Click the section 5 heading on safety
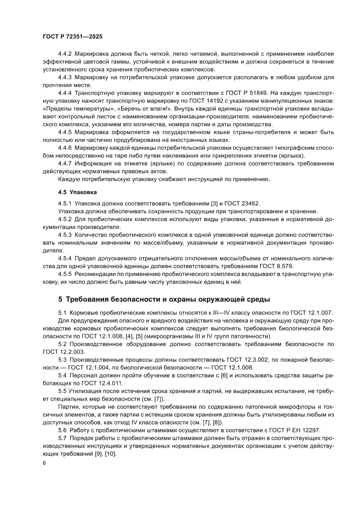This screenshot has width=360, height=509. tap(164, 300)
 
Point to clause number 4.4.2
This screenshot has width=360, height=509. tap(65, 54)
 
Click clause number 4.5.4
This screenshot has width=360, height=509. tap(65, 258)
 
